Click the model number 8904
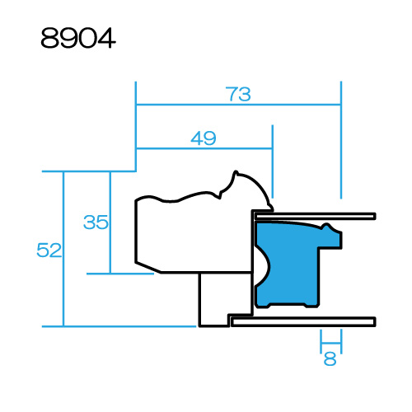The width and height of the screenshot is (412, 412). (78, 38)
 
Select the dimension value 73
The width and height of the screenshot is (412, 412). (238, 94)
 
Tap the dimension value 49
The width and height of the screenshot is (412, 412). (204, 138)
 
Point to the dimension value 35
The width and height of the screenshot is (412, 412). (96, 222)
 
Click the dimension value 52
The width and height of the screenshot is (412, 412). (49, 250)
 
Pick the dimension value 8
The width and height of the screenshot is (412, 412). (330, 358)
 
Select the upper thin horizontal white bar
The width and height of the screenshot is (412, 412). (315, 217)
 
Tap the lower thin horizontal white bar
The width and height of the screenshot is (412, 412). (303, 321)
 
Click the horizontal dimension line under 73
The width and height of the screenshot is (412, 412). (238, 105)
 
